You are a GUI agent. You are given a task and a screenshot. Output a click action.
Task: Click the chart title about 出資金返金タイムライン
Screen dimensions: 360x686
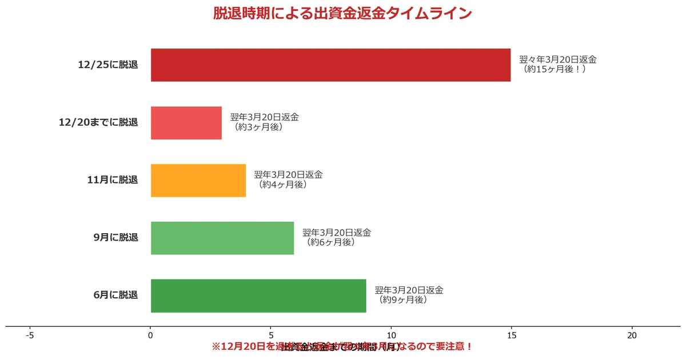coord(342,14)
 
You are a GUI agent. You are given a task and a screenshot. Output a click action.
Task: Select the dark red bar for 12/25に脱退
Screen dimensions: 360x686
coord(330,65)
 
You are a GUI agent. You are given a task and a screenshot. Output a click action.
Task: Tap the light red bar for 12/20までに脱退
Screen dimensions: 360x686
coord(186,123)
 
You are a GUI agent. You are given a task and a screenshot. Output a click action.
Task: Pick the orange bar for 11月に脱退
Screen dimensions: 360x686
coord(198,181)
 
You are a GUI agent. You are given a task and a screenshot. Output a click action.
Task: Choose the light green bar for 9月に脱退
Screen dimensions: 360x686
coord(222,238)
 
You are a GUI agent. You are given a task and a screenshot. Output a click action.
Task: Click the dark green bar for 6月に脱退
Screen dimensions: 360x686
coord(258,295)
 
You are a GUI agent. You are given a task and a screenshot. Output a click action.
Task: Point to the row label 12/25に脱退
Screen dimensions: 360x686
coord(108,65)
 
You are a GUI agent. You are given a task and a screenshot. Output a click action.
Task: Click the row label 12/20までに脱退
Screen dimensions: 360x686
coord(98,123)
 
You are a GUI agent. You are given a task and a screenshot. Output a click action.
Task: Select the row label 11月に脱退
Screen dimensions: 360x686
coord(113,181)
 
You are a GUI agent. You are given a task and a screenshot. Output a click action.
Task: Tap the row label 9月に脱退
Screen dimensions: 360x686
coord(115,238)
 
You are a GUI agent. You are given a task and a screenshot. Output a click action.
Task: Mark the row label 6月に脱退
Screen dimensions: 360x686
coord(115,295)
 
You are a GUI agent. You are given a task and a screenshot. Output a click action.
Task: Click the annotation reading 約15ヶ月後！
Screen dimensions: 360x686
coord(555,69)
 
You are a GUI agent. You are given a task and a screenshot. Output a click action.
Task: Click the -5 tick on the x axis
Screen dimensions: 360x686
coord(30,336)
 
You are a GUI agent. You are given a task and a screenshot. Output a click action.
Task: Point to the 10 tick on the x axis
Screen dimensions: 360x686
coord(391,336)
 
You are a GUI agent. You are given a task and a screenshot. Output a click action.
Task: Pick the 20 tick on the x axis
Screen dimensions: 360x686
coord(632,336)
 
